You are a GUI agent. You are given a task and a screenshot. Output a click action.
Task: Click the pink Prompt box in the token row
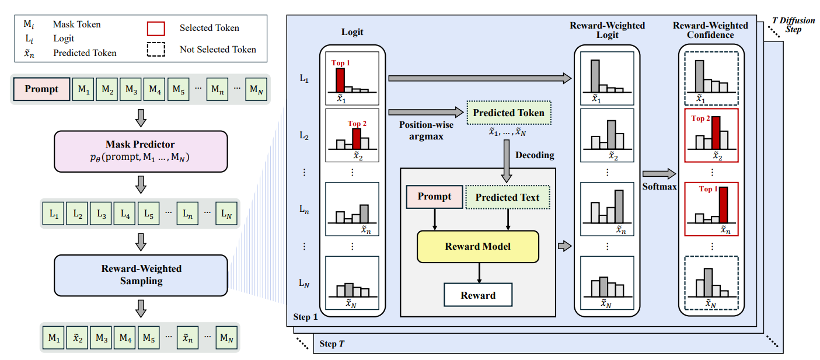coord(41,89)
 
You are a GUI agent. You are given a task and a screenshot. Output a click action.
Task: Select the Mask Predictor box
coord(140,151)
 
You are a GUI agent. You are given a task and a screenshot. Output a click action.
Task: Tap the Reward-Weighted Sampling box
coord(140,275)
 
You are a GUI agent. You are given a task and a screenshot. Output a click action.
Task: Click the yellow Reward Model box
coord(477,246)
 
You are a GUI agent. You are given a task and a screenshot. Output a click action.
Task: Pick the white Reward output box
coord(478,295)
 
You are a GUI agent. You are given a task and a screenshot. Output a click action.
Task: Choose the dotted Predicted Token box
coord(508,113)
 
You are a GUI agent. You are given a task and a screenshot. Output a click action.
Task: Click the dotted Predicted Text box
coord(507,197)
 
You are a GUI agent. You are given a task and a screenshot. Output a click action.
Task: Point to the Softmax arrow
coord(658,173)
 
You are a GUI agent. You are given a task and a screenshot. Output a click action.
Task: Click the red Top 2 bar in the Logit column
coord(357,138)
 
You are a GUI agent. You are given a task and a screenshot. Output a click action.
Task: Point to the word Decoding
coord(534,156)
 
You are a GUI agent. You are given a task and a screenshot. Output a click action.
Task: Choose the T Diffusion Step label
coord(793,25)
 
